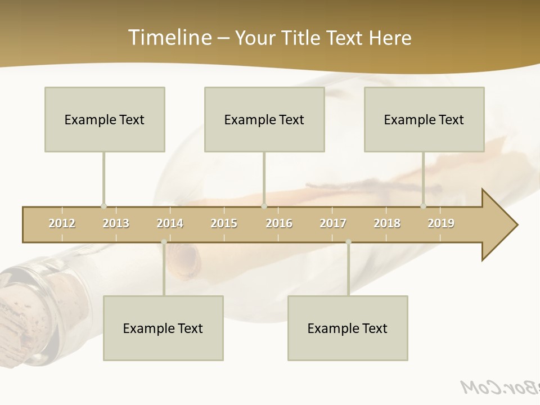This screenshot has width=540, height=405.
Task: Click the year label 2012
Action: pos(62,223)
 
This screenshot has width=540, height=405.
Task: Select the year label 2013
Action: pos(116,223)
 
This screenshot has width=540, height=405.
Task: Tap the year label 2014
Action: pos(170,223)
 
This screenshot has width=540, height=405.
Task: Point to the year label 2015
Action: pos(224,223)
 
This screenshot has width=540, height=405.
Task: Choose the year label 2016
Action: pos(279,223)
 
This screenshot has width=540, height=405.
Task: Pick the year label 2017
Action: pos(333,223)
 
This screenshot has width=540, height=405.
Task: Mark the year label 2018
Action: pos(387,223)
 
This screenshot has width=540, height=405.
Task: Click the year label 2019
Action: pos(441,223)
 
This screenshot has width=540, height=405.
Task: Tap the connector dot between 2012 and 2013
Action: pos(103,206)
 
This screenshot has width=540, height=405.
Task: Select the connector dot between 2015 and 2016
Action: pos(264,206)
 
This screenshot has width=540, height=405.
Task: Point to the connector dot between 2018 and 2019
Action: pos(423,206)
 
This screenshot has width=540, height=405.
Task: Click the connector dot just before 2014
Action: pos(164,242)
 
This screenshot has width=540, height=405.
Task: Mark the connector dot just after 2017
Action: pos(348,242)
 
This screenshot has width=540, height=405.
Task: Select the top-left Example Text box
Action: pos(105,119)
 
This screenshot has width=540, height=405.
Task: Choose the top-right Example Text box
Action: pos(424,119)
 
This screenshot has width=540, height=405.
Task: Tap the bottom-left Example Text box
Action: pos(163,328)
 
